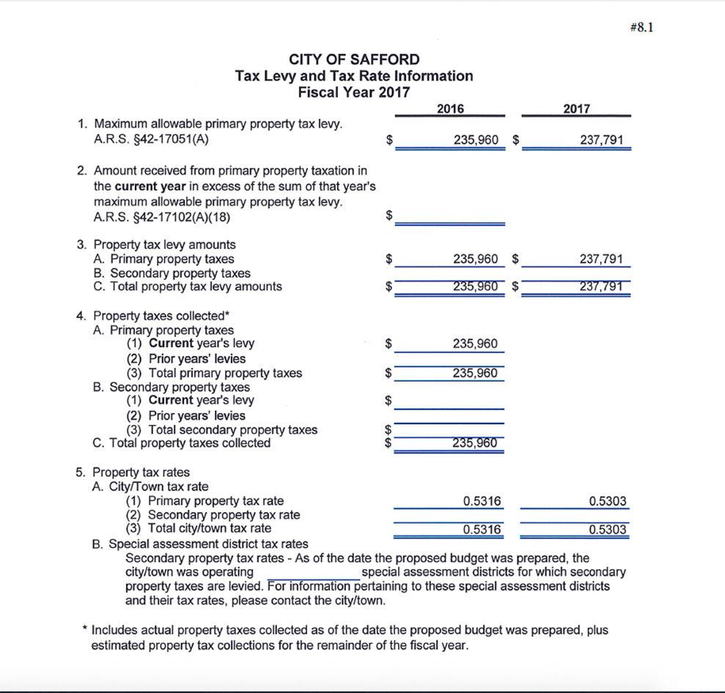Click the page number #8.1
click(641, 28)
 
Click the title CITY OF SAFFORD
click(354, 59)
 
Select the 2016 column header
click(450, 108)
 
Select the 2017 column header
click(576, 108)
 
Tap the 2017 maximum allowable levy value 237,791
click(601, 140)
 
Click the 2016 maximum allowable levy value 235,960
click(475, 140)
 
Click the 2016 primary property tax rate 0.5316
click(482, 501)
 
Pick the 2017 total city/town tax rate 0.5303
click(608, 530)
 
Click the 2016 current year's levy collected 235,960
click(475, 344)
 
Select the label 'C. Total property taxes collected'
click(181, 443)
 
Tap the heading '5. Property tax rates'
click(133, 472)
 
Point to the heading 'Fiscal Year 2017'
click(354, 92)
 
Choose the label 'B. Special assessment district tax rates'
click(200, 544)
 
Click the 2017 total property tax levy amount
click(601, 286)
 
